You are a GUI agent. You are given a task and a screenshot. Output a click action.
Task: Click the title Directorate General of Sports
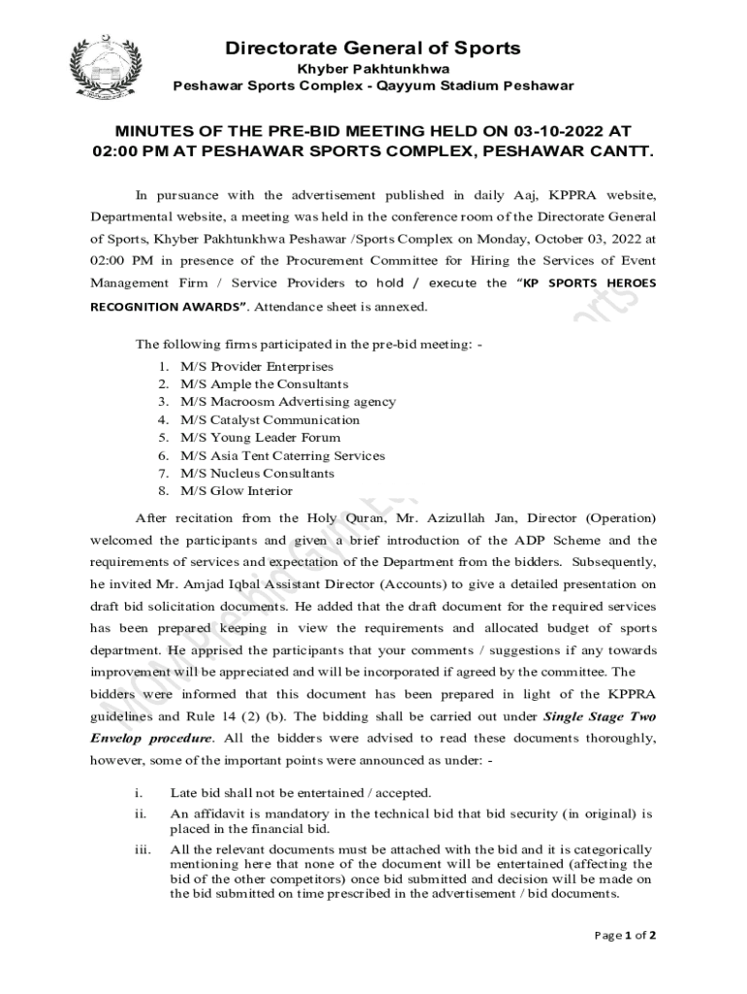pyautogui.click(x=373, y=49)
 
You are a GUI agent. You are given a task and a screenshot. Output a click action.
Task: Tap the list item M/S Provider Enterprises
pyautogui.click(x=256, y=367)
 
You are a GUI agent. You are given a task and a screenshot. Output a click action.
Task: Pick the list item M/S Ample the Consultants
pyautogui.click(x=264, y=384)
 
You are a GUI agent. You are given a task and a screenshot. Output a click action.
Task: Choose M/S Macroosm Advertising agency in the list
pyautogui.click(x=287, y=402)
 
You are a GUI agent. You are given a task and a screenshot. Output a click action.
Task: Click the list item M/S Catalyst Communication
pyautogui.click(x=270, y=420)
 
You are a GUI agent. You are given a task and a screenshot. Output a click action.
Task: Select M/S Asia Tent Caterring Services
pyautogui.click(x=282, y=455)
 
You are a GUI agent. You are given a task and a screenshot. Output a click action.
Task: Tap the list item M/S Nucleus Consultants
pyautogui.click(x=257, y=473)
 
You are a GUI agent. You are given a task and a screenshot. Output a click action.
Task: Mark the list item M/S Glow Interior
pyautogui.click(x=236, y=490)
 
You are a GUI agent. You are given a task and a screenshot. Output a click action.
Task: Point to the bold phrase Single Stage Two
pyautogui.click(x=600, y=717)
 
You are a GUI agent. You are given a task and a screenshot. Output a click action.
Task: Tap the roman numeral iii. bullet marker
pyautogui.click(x=142, y=849)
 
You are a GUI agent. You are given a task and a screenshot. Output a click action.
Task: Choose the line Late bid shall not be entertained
pyautogui.click(x=300, y=793)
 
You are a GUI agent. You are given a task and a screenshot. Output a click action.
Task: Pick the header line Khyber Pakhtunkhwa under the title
pyautogui.click(x=373, y=70)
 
